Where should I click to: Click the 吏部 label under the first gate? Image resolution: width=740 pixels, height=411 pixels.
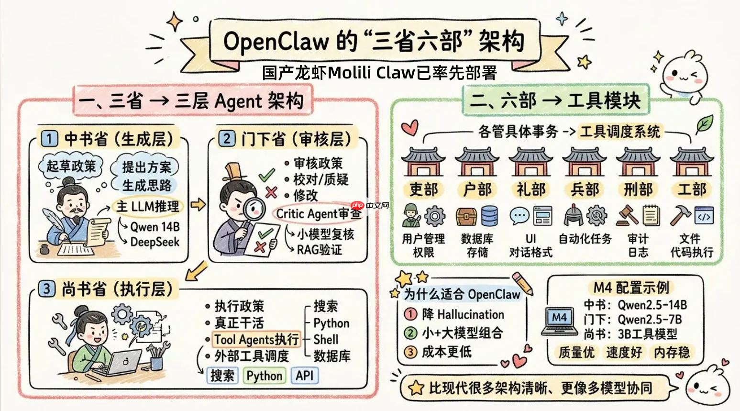(x=423, y=190)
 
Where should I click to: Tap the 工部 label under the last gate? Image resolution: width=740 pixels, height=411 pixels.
(x=692, y=190)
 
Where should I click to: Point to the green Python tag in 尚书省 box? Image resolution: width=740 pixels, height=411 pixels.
(x=265, y=376)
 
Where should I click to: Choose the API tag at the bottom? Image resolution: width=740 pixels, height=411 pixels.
(x=304, y=376)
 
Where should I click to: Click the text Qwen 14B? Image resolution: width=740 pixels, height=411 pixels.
(x=155, y=227)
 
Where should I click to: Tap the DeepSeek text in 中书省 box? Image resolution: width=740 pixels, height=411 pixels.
(x=155, y=242)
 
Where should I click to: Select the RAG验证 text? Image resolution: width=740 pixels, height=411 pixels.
(x=319, y=250)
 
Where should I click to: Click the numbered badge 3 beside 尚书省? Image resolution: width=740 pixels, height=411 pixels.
(x=46, y=289)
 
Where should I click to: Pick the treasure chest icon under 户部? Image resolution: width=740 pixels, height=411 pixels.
(x=466, y=216)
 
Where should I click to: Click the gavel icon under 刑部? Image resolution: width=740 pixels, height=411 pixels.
(x=627, y=216)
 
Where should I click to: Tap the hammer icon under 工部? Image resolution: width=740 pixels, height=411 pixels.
(x=679, y=215)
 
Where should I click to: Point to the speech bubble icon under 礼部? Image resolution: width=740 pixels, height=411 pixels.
(x=519, y=216)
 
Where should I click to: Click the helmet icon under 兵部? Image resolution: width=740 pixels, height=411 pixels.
(x=573, y=215)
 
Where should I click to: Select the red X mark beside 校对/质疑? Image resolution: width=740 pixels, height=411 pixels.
(x=271, y=192)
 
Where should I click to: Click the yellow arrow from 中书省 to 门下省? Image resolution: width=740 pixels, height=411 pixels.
(x=198, y=205)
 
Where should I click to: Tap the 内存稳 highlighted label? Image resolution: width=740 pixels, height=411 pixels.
(x=672, y=353)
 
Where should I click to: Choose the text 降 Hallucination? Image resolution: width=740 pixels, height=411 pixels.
(x=463, y=314)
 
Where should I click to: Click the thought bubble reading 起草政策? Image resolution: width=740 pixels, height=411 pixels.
(x=71, y=166)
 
